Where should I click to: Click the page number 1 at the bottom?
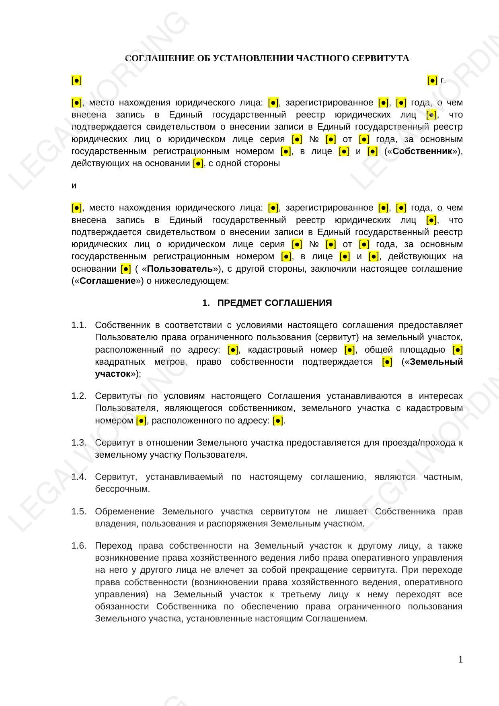coord(460,659)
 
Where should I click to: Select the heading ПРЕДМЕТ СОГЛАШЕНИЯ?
coord(274,303)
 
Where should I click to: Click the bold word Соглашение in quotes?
coord(108,281)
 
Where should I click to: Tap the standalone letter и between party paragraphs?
coord(74,186)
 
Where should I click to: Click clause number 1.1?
coord(79,325)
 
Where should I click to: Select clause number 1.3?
coord(79,443)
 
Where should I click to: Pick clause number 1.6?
coord(79,546)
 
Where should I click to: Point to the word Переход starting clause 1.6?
coord(113,546)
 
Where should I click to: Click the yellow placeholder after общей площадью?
coord(458,349)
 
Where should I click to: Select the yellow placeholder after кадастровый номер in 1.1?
coord(350,349)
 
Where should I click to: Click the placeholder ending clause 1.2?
coord(278,421)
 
